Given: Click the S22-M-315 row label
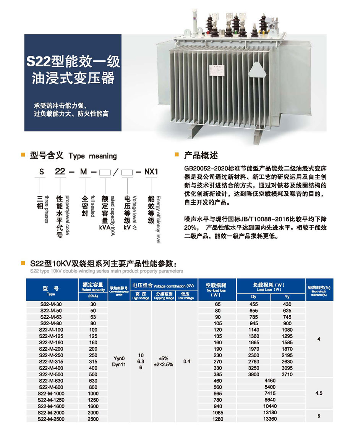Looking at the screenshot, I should [51, 362].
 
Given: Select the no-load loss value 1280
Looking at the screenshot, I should [217, 419].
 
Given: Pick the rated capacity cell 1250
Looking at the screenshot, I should [93, 400].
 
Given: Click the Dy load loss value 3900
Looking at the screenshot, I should [254, 374].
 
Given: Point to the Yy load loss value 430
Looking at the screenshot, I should [287, 304].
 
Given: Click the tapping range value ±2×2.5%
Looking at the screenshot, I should [164, 365].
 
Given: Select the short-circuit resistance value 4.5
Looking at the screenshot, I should [319, 393].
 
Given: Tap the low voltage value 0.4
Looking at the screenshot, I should [186, 362].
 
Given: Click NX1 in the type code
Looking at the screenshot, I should [151, 172].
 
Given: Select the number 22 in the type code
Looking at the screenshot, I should [60, 172].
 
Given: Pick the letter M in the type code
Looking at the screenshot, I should [83, 172].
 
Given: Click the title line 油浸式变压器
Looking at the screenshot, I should [73, 78].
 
